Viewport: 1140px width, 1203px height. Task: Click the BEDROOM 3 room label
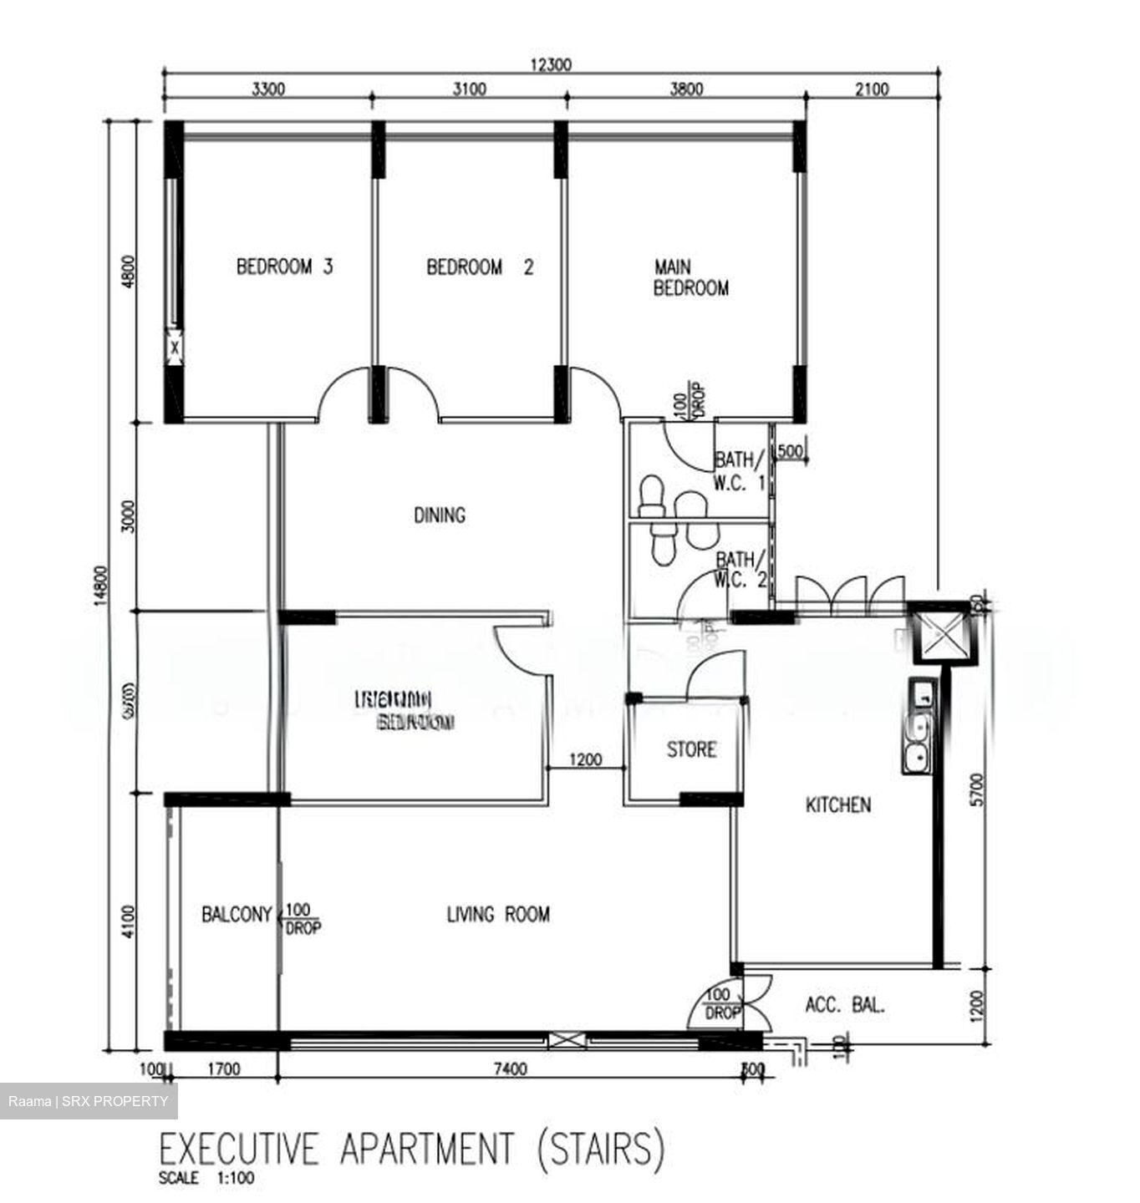[x=284, y=267]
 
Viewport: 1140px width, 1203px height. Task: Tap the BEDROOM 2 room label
[x=479, y=267]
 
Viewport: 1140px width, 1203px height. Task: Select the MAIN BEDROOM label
[x=690, y=277]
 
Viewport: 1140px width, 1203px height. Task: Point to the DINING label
[x=440, y=515]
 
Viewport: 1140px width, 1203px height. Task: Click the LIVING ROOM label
[x=498, y=915]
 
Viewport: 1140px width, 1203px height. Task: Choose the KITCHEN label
[x=837, y=805]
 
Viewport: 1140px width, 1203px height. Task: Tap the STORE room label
[x=691, y=749]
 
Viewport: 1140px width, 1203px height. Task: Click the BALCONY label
[x=237, y=915]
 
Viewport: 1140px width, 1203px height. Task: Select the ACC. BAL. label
[x=844, y=1005]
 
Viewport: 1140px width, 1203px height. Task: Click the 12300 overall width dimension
[x=551, y=65]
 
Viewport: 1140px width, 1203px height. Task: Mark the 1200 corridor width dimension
[x=585, y=760]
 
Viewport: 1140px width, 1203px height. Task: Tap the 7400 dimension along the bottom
[x=510, y=1069]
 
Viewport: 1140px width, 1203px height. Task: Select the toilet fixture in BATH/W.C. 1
[x=649, y=496]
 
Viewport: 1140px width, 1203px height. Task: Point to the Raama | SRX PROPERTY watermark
[x=89, y=1101]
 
